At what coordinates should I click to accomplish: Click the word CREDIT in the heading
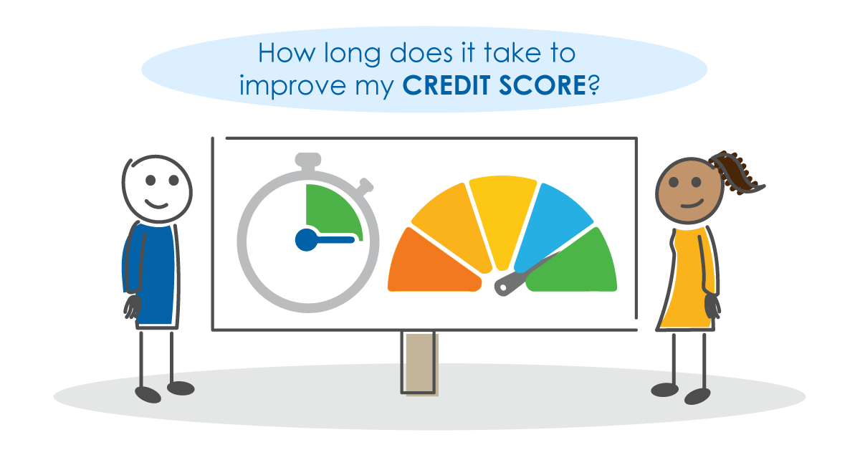coord(446,85)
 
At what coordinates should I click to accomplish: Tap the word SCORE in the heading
coord(543,85)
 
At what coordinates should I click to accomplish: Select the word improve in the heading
coord(292,86)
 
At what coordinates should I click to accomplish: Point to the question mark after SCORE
coord(593,85)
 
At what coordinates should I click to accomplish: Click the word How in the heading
coord(286,53)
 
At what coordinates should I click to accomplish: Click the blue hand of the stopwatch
coord(325,240)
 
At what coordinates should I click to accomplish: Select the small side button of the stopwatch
coord(364,186)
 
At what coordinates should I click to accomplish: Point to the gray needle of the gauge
coord(526,274)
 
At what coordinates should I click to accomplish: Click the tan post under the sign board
coord(420,363)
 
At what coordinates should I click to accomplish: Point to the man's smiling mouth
coord(156,204)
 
